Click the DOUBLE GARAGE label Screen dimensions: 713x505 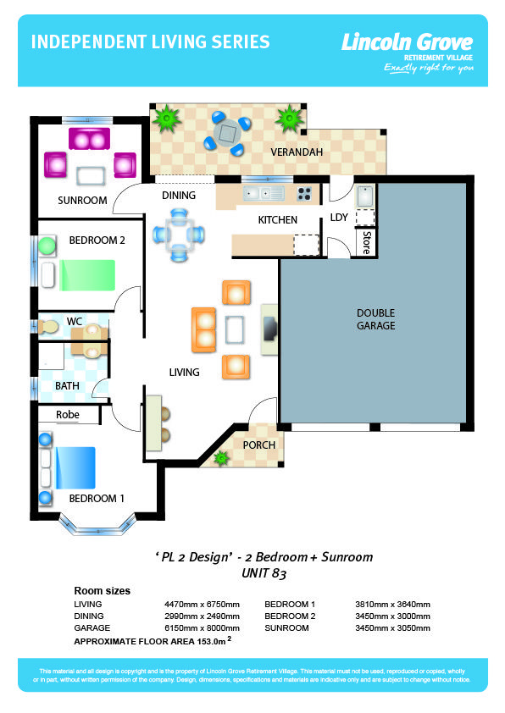[x=375, y=318]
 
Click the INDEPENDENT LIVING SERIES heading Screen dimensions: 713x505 [x=150, y=42]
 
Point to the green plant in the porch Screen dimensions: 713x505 [x=222, y=459]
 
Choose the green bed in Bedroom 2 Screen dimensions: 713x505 [x=85, y=274]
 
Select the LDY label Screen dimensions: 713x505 [x=339, y=218]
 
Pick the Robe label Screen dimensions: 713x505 [x=68, y=415]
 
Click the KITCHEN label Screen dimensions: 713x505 [x=278, y=220]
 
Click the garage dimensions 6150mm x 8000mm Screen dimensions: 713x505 [x=202, y=628]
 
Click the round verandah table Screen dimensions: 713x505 [x=228, y=132]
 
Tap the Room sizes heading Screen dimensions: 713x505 [x=103, y=591]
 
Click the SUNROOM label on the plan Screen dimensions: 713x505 [x=82, y=201]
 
